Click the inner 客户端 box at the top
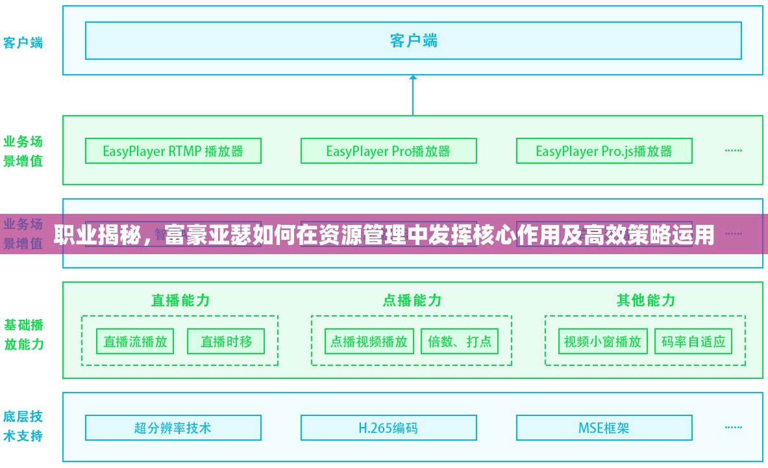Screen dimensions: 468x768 (x=413, y=40)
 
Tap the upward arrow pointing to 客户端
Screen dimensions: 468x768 (x=413, y=94)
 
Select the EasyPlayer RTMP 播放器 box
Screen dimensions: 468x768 (x=173, y=151)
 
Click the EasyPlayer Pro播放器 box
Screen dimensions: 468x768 (x=388, y=151)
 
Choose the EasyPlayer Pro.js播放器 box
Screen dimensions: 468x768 (x=604, y=151)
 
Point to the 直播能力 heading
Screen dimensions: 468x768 (x=180, y=300)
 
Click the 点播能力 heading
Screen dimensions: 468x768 (x=412, y=300)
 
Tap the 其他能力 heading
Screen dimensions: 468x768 (x=645, y=300)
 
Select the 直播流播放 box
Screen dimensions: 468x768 (x=135, y=341)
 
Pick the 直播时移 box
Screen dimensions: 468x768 (x=226, y=341)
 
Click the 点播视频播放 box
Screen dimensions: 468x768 (x=369, y=341)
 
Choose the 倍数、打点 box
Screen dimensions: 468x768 (x=460, y=341)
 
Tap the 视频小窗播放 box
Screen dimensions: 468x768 (x=602, y=341)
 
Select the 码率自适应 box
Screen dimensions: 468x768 (x=693, y=341)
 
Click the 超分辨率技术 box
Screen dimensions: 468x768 (x=173, y=428)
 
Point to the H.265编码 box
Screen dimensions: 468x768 (x=388, y=428)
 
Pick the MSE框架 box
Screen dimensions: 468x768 (x=604, y=428)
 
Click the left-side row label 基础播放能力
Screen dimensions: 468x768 (x=24, y=334)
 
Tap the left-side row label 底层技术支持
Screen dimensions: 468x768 (x=23, y=426)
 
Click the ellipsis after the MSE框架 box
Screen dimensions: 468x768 (x=734, y=428)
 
